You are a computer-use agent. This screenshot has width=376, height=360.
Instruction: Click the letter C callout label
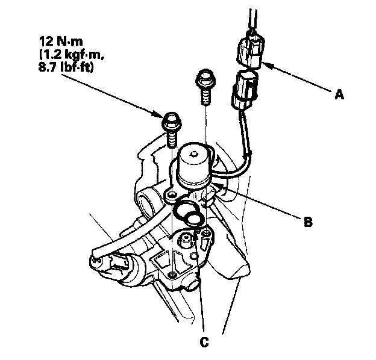point(205,342)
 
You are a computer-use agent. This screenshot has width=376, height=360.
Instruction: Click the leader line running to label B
point(265,207)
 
